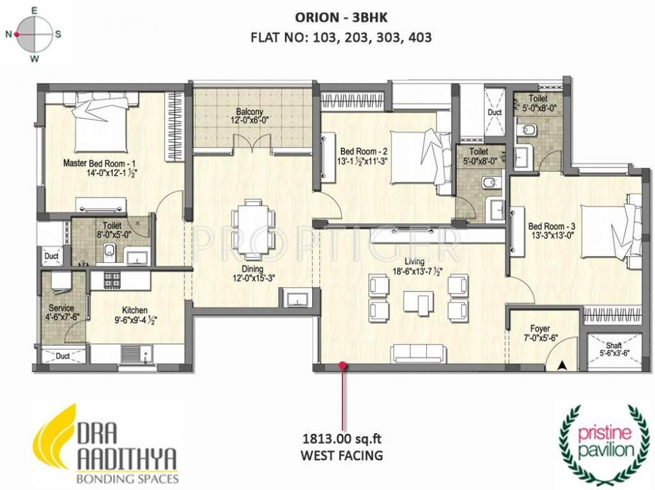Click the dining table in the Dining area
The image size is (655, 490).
[253, 228]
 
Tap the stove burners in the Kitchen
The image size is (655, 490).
[112, 279]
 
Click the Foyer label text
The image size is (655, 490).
[540, 329]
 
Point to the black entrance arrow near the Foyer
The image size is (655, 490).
[562, 365]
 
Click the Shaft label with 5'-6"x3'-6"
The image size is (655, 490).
[613, 348]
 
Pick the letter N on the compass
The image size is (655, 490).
[8, 34]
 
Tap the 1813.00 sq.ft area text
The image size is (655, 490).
[342, 439]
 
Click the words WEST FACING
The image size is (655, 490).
[342, 455]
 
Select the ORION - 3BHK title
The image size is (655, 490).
[341, 17]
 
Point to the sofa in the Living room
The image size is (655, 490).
[417, 353]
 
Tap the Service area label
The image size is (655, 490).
[61, 312]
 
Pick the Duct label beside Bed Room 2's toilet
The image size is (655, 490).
[495, 112]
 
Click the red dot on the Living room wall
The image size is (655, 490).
[343, 366]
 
